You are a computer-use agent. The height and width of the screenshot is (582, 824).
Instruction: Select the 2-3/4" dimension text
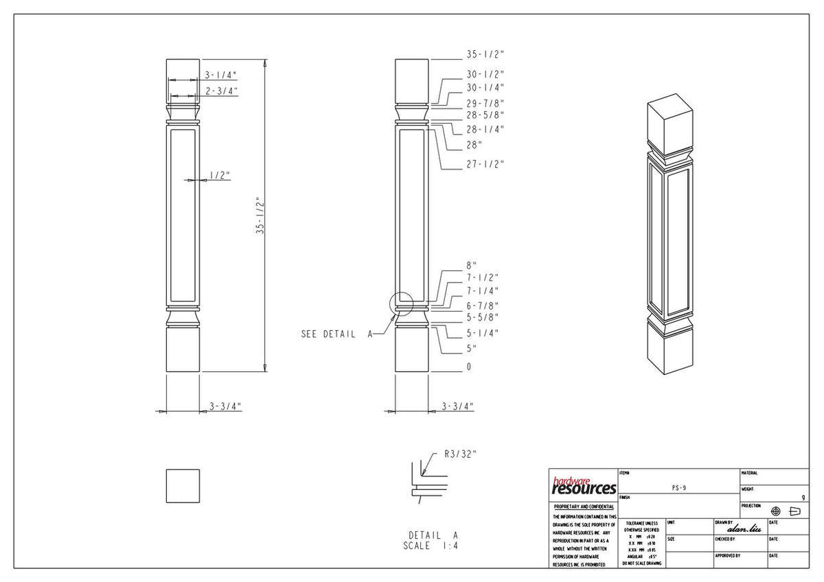[x=220, y=91]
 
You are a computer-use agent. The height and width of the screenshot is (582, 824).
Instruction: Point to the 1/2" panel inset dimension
[x=219, y=176]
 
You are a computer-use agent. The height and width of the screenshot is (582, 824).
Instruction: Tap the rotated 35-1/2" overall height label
[x=260, y=216]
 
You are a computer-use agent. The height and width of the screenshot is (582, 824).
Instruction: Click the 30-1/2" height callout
[x=485, y=74]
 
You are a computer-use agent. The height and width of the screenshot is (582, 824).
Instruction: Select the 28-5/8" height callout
[x=485, y=115]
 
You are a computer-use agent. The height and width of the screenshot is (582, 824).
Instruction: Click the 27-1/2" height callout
[x=485, y=165]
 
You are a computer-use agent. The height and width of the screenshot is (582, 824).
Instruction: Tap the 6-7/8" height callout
[x=483, y=305]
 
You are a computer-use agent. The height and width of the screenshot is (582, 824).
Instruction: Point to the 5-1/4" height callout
[x=483, y=334]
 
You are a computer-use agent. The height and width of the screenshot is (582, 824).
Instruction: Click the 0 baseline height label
[x=469, y=367]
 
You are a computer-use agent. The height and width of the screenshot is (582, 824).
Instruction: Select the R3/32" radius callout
[x=460, y=454]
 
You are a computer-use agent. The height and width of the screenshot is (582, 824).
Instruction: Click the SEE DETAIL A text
[x=336, y=334]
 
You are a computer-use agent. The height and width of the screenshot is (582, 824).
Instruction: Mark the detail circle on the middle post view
[x=400, y=303]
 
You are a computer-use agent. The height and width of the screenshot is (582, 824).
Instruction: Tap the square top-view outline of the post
[x=183, y=486]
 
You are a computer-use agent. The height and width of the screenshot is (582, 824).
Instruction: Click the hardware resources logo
[x=583, y=486]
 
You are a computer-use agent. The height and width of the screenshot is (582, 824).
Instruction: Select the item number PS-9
[x=678, y=487]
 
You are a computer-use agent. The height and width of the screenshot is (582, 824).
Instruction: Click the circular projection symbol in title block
[x=776, y=511]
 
